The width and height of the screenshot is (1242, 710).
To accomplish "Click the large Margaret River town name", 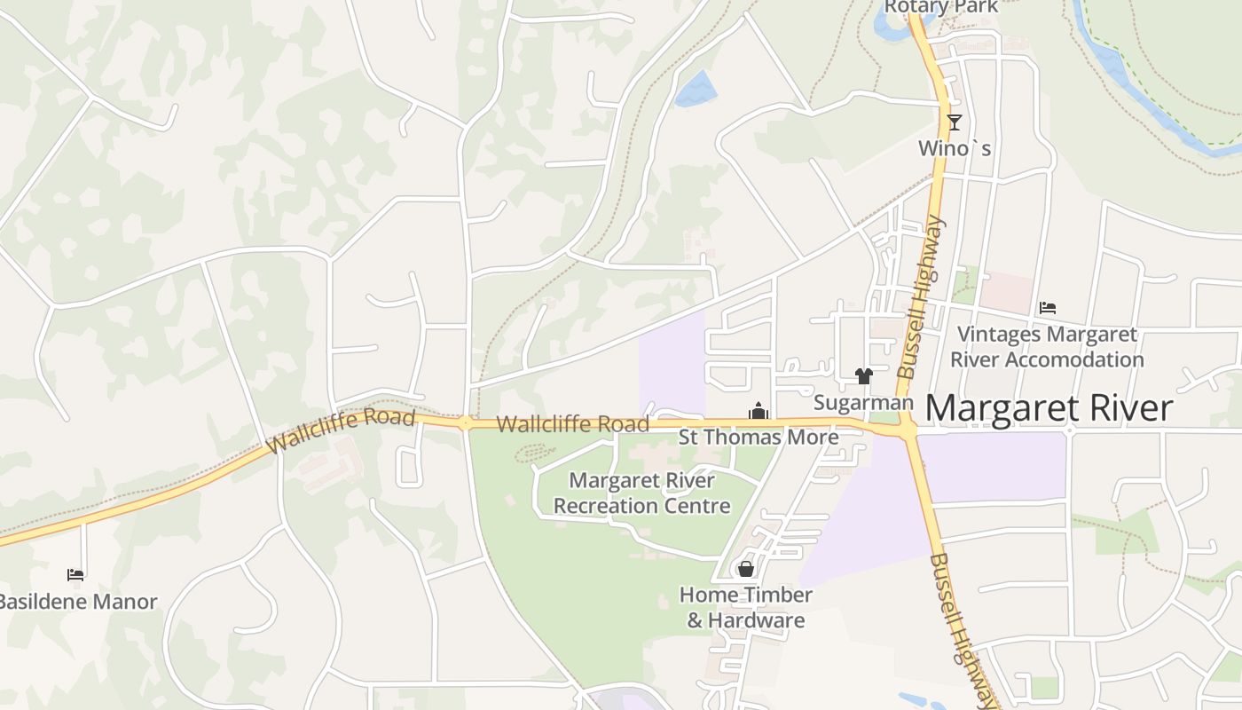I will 1049,408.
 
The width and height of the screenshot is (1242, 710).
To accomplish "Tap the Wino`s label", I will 955,148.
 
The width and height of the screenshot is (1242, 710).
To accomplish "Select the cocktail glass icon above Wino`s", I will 955,122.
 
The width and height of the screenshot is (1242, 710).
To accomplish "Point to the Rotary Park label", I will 940,7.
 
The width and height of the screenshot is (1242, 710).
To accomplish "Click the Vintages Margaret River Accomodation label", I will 1047,347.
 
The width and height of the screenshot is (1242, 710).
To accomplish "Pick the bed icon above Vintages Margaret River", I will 1048,308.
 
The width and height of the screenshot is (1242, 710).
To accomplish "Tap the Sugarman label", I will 863,403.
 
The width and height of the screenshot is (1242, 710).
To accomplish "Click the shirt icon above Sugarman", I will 864,376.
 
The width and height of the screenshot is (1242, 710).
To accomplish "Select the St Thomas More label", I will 759,437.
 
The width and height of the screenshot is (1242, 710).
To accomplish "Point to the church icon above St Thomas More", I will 759,411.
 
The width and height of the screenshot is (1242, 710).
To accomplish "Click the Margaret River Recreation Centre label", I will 641,493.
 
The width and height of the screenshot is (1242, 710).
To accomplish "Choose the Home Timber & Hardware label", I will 746,607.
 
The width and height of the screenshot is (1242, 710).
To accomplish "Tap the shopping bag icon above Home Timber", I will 746,568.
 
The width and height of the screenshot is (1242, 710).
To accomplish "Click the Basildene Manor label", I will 78,602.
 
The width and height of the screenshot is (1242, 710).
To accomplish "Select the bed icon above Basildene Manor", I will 75,575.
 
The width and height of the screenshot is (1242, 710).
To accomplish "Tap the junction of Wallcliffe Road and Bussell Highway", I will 908,430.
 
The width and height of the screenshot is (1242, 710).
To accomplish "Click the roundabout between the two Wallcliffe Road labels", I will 466,422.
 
